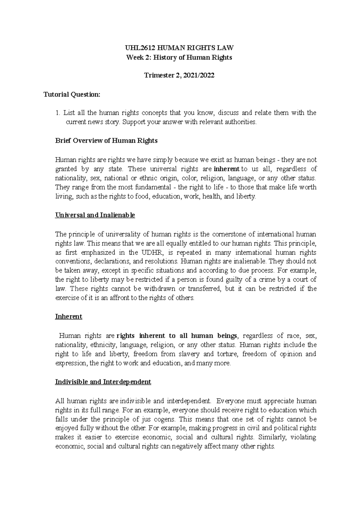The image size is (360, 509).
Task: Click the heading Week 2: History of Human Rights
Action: [179, 57]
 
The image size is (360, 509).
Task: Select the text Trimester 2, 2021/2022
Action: [179, 76]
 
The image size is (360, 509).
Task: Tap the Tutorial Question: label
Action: [72, 94]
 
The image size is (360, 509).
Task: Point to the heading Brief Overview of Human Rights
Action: [106, 141]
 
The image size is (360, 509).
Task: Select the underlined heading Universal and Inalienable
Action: [95, 215]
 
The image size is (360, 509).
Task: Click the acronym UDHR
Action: [150, 252]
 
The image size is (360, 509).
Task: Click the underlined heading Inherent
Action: [69, 317]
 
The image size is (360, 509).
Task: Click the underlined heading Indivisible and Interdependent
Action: [103, 382]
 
